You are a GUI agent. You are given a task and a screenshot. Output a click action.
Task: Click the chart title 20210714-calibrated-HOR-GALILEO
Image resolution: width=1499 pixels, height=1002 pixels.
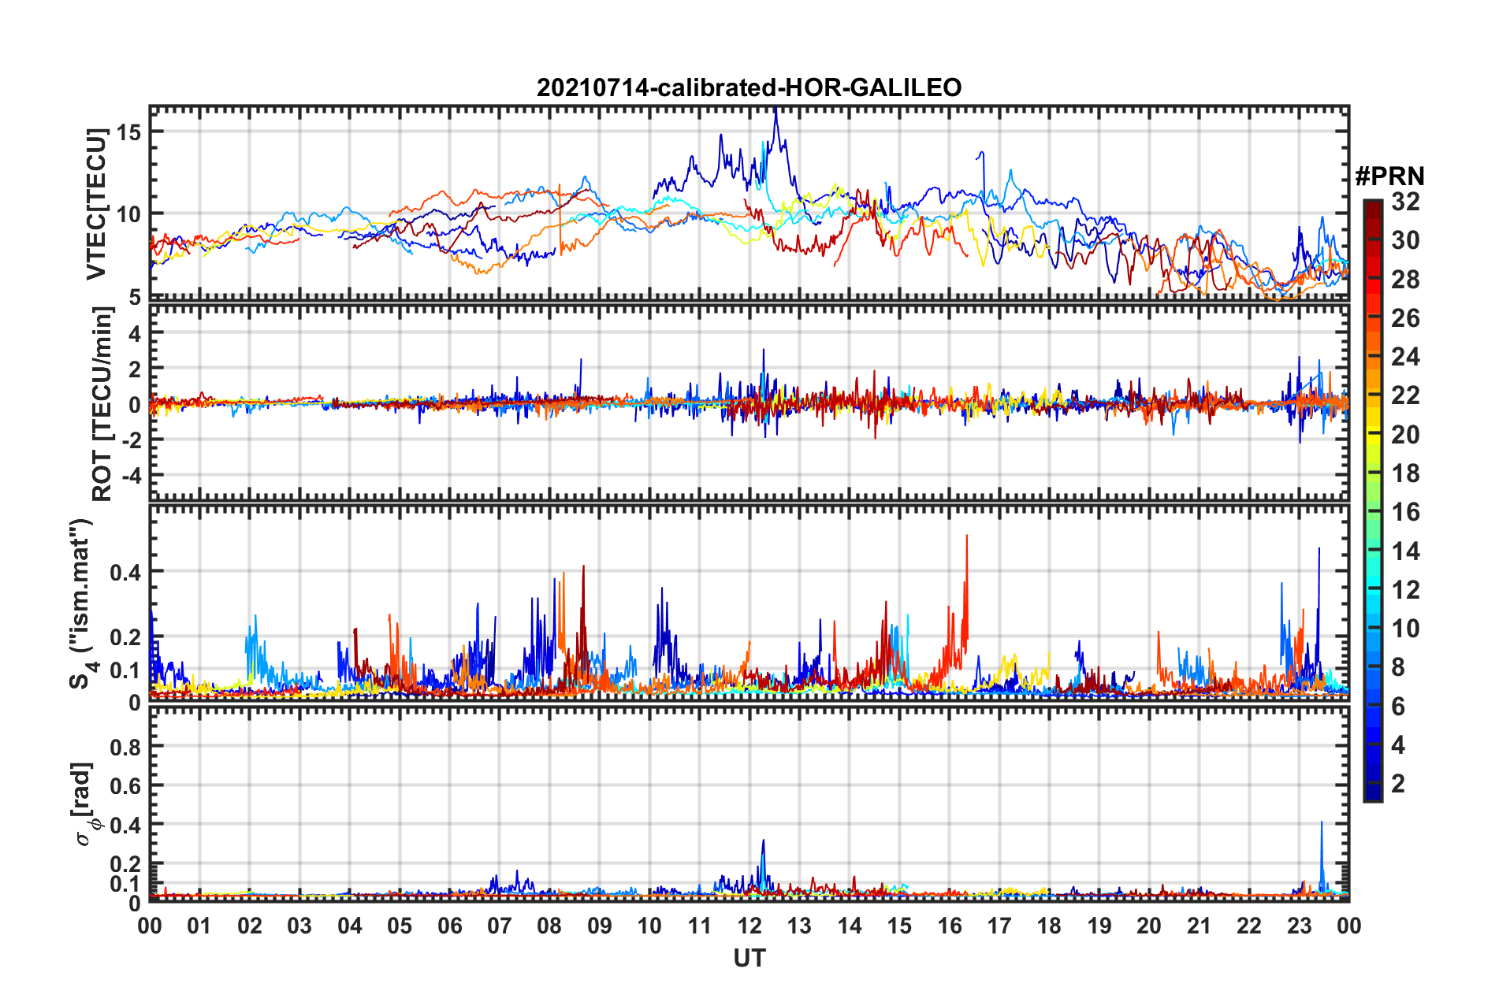tap(749, 87)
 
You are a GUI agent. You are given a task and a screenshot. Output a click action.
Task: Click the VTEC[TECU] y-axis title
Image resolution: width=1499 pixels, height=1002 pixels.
tap(96, 204)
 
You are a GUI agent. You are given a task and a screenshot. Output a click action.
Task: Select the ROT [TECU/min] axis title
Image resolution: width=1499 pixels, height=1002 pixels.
tap(102, 404)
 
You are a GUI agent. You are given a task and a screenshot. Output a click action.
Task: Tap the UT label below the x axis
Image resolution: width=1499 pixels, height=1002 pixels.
tap(749, 959)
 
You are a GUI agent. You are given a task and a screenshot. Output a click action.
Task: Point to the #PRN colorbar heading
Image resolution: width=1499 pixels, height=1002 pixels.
tap(1389, 176)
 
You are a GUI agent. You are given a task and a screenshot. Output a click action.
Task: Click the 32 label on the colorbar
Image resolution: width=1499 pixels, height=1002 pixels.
tap(1405, 202)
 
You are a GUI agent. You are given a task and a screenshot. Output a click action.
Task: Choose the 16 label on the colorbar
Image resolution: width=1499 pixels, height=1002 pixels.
tap(1405, 512)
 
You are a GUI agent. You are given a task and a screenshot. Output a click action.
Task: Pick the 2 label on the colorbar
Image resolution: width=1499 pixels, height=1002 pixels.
tap(1399, 783)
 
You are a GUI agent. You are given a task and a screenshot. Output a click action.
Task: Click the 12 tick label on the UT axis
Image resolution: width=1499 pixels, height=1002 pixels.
tap(749, 926)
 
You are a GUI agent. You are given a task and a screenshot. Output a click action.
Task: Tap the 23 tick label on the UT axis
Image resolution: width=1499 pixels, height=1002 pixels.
tap(1299, 926)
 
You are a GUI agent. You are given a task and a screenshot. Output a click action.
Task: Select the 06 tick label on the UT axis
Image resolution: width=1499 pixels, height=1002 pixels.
tap(449, 926)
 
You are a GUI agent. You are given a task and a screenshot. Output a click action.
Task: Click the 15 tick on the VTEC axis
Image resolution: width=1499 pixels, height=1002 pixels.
tap(128, 132)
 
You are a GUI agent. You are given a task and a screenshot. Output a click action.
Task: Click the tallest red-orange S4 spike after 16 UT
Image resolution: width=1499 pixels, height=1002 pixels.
tap(967, 536)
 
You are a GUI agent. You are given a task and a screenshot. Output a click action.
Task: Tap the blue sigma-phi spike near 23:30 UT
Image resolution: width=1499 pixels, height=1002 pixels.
tap(1322, 823)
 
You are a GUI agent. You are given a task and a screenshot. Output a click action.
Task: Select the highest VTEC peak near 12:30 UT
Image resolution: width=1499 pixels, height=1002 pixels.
tap(776, 108)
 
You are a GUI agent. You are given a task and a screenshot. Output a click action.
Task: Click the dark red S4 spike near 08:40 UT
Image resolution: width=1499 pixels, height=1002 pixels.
tap(583, 566)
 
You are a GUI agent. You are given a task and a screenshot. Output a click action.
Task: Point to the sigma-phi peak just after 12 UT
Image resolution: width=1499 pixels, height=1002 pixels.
tap(763, 841)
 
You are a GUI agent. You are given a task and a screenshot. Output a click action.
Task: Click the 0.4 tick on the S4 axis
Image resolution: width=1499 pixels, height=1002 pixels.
tap(125, 572)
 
